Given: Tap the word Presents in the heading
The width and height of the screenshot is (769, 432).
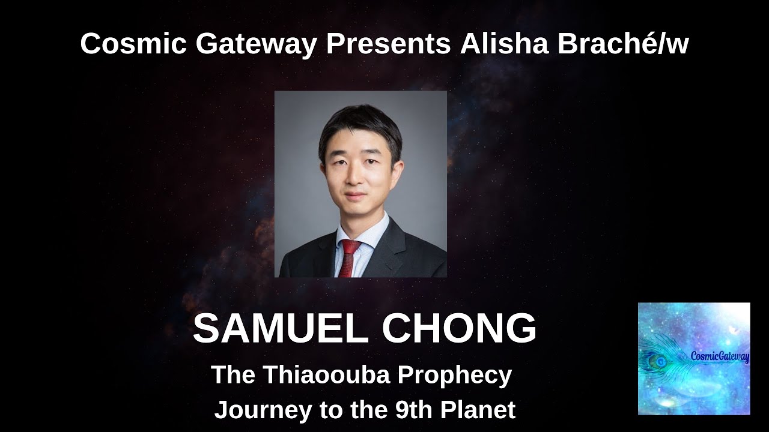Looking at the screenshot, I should [388, 44].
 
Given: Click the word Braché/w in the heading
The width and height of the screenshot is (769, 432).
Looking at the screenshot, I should [623, 44].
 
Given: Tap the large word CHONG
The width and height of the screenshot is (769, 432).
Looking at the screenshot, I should [459, 328].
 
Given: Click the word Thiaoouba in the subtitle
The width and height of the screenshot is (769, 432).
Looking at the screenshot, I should [326, 376].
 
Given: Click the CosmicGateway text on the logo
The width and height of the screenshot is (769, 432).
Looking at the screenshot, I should [720, 358].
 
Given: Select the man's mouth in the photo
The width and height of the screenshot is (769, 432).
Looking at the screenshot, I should [354, 196].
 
